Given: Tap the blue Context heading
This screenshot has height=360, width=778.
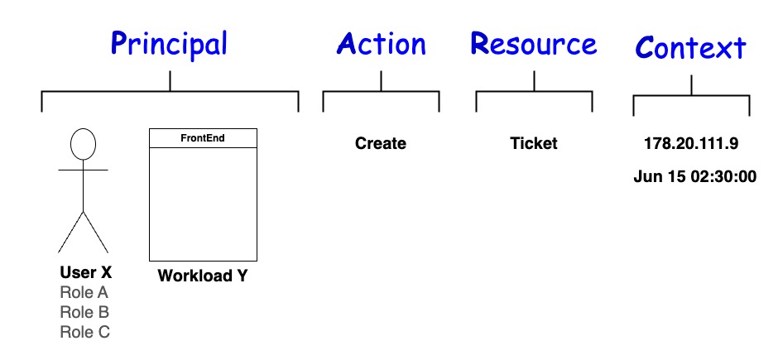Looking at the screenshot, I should point(691,48).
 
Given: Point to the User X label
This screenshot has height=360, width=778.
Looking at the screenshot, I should point(85,273).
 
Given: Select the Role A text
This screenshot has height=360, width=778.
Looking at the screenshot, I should point(84,292).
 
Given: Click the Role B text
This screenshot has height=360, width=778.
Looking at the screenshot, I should point(84,312).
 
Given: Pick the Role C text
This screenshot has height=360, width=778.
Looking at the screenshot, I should point(84,332).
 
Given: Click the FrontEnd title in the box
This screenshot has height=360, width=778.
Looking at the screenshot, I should point(203,138).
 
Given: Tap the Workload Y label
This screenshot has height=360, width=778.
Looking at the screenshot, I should point(203,276).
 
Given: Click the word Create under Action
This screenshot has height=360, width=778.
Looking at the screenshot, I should point(381,143).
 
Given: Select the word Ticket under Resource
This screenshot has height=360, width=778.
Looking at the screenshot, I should point(534,143).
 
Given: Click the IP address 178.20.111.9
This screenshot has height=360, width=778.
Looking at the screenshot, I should point(691,143).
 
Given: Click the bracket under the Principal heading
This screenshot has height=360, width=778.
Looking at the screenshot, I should point(170,92).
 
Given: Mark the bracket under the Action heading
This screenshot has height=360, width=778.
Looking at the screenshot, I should point(381,92).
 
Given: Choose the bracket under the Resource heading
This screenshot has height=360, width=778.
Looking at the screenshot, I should point(534,92).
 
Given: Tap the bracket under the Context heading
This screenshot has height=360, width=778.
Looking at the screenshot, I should point(691,96).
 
